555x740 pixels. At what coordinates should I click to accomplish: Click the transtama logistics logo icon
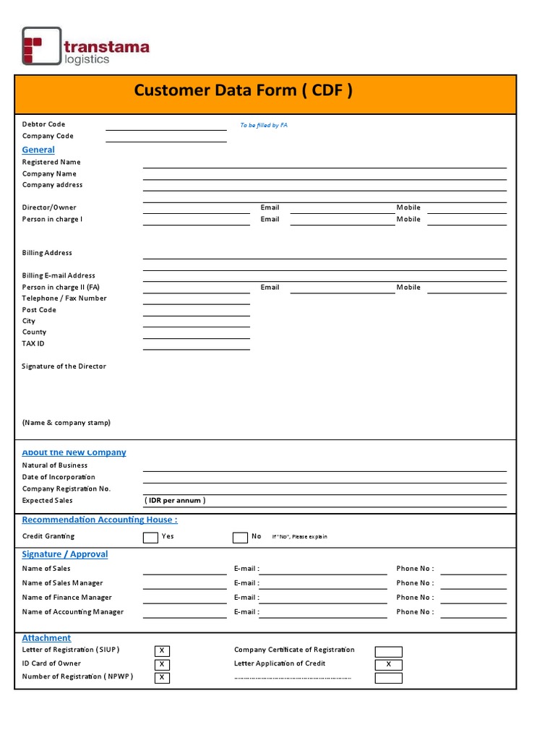coord(41,46)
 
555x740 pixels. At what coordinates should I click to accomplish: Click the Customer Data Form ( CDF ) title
coord(244,90)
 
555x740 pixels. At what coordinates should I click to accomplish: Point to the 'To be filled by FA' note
coord(264,125)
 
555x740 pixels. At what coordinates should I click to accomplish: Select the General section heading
coord(38,150)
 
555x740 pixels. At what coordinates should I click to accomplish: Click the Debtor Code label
coord(43,124)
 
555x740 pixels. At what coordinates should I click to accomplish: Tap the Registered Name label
coord(51,162)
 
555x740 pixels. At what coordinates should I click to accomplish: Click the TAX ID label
coord(33,344)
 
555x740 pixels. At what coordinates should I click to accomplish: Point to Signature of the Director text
coord(64,366)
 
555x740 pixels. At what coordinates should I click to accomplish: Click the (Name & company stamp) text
coord(66,423)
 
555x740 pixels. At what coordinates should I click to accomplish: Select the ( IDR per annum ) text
coord(176,500)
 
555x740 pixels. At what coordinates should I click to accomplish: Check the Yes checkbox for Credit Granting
coord(150,537)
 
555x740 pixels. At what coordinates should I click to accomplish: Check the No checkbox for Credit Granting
coord(240,537)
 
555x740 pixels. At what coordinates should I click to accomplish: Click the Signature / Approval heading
coord(65,554)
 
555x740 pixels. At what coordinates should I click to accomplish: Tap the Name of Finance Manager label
coord(67,598)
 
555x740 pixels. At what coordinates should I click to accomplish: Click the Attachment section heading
coord(46,638)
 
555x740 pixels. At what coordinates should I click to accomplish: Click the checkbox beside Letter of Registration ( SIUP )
coord(162,651)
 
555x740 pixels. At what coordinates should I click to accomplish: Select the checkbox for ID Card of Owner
coord(162,664)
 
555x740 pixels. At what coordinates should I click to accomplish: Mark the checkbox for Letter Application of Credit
coord(388,664)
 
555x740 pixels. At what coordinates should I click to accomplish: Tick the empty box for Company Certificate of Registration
coord(388,651)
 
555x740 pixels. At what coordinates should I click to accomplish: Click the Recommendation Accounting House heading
coord(100,520)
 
